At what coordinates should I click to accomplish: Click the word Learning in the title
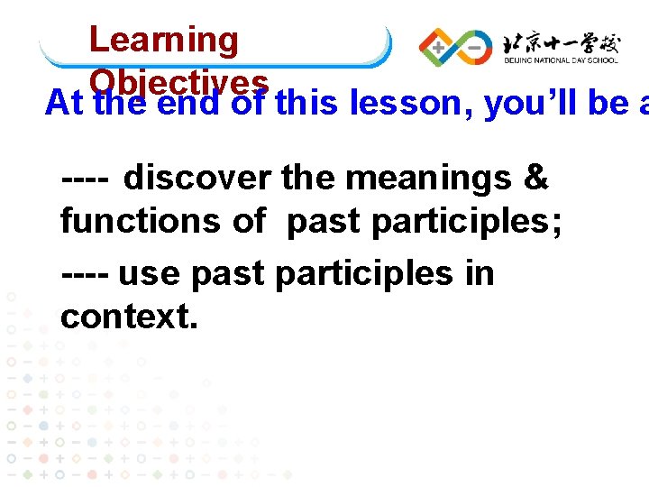163,40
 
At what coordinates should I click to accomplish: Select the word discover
197,179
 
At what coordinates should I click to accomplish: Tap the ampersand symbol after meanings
535,179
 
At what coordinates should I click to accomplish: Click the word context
128,316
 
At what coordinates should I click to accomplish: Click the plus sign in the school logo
439,45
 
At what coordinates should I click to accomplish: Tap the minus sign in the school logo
472,45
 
